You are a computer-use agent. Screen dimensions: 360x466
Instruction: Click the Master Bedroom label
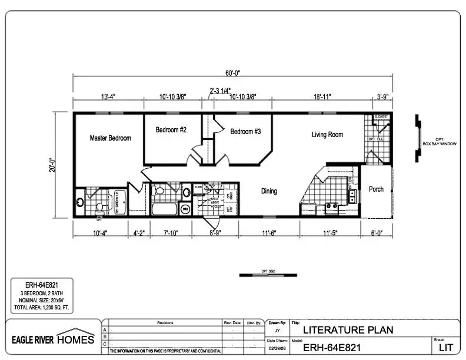(x=110, y=138)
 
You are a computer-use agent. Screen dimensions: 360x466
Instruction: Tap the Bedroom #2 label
(x=171, y=130)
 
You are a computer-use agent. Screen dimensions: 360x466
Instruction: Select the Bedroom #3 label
(x=245, y=132)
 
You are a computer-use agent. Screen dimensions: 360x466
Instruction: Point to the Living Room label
(x=327, y=135)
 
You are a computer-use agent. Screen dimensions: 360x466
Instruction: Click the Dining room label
(x=269, y=191)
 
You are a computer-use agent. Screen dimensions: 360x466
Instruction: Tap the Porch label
(x=376, y=189)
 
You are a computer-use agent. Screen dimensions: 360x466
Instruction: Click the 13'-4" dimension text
(x=109, y=97)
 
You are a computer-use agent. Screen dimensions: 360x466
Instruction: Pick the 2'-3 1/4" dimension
(x=219, y=91)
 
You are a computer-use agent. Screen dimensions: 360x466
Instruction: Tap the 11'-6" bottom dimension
(x=269, y=234)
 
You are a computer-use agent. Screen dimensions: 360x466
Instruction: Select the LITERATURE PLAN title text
(x=348, y=330)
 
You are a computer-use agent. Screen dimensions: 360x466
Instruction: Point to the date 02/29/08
(x=277, y=349)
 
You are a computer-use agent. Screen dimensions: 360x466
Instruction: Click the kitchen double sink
(x=352, y=196)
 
